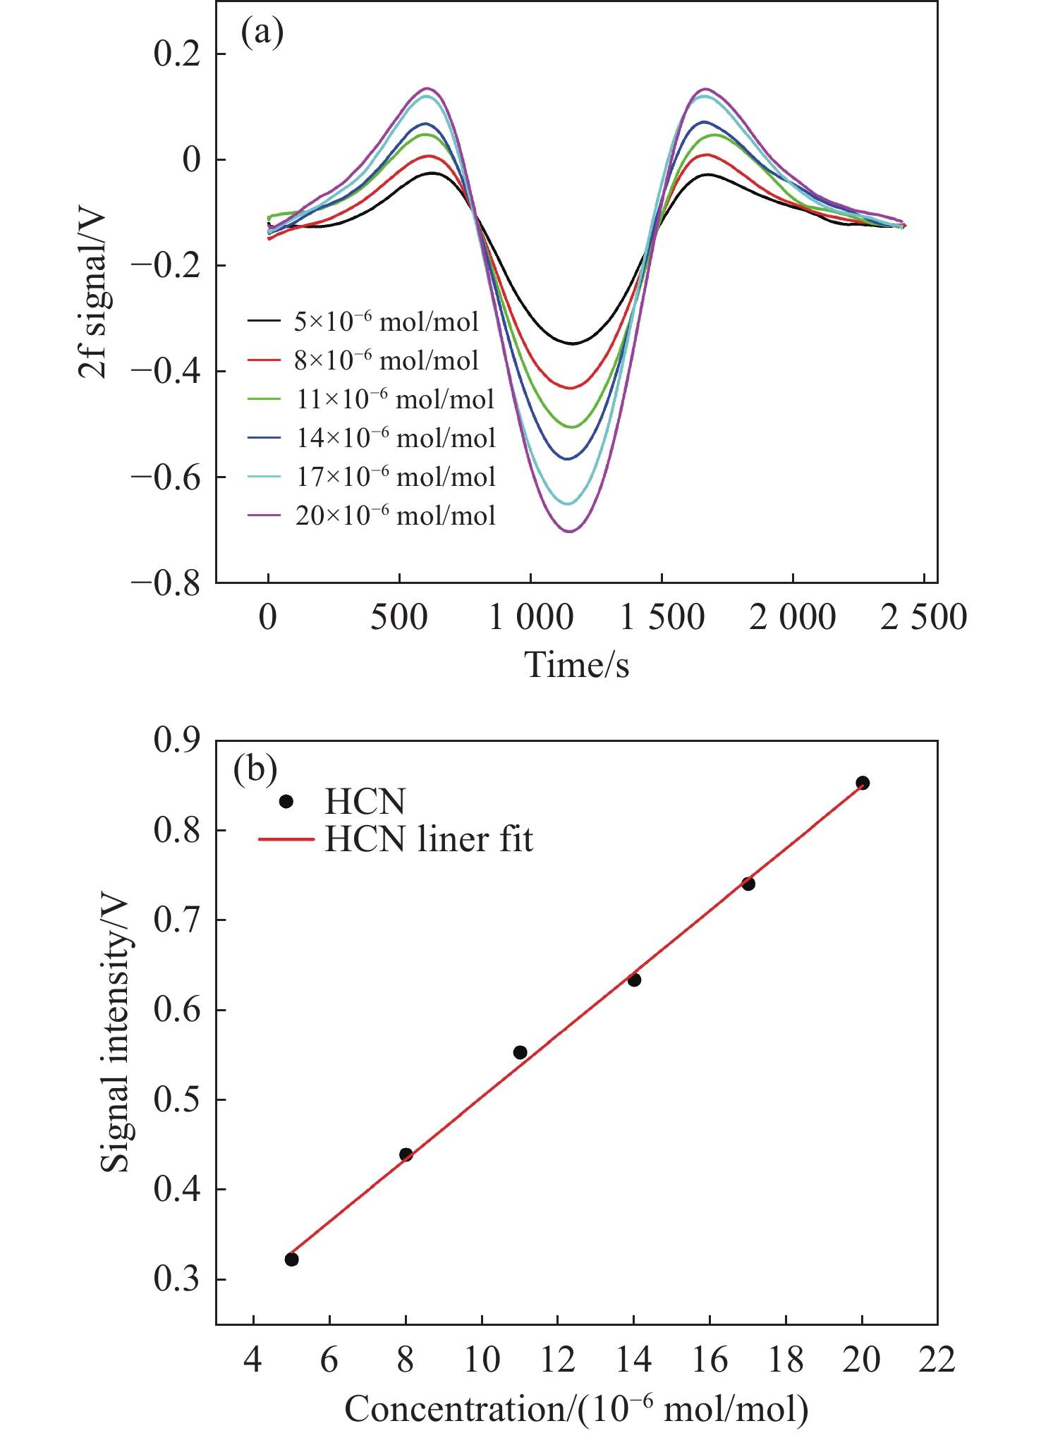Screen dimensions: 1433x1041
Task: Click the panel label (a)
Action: (x=262, y=32)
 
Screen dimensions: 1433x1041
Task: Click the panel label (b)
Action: (x=255, y=769)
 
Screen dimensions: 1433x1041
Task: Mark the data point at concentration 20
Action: (x=862, y=782)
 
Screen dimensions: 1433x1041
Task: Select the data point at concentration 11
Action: (x=520, y=1052)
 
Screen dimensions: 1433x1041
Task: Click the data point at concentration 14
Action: (x=634, y=980)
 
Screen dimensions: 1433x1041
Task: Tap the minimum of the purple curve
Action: (x=568, y=531)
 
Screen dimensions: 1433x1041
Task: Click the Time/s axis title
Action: (x=576, y=665)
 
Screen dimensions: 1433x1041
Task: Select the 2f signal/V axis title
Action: (x=93, y=295)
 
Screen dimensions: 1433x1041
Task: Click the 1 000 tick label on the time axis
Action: (x=530, y=618)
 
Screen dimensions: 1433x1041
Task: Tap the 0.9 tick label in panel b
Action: (x=177, y=740)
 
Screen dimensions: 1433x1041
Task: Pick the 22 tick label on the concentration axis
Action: (x=937, y=1359)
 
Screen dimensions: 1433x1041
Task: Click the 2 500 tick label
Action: (x=923, y=618)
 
